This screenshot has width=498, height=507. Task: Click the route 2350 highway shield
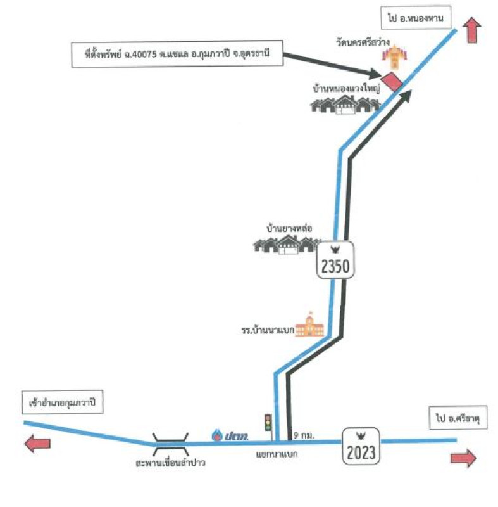pyautogui.click(x=335, y=260)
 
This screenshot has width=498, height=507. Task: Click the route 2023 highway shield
pyautogui.click(x=361, y=446)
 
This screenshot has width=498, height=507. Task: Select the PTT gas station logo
pyautogui.click(x=231, y=435)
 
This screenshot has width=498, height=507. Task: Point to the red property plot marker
pyautogui.click(x=395, y=82)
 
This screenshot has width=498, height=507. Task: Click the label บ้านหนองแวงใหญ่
pyautogui.click(x=345, y=87)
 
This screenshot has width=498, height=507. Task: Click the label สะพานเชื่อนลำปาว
pyautogui.click(x=171, y=463)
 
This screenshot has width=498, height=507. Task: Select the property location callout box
pyautogui.click(x=175, y=55)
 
